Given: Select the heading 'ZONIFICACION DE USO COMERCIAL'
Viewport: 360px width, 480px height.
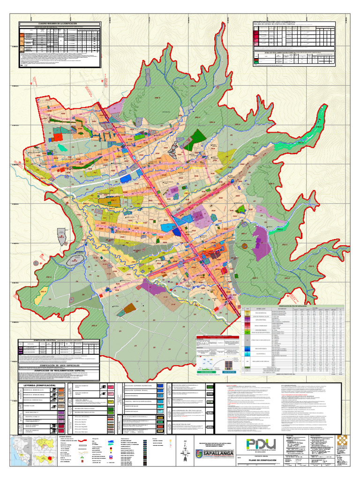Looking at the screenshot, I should coord(277,22).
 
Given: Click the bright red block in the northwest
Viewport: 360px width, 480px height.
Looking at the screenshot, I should coord(57,136).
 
